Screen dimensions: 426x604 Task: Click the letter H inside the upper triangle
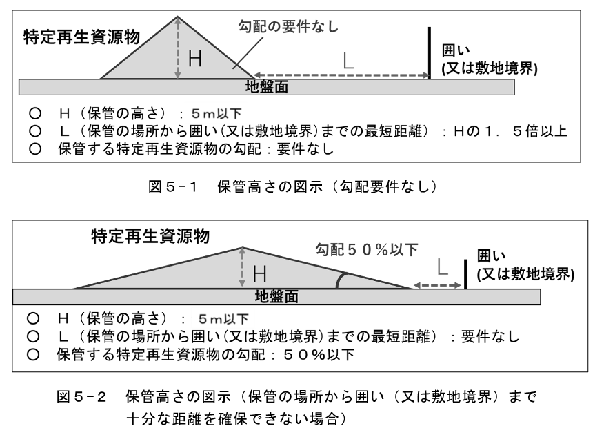pos(196,59)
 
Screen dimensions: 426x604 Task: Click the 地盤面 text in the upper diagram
pos(267,87)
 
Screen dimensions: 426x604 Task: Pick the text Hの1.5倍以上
pos(512,131)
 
